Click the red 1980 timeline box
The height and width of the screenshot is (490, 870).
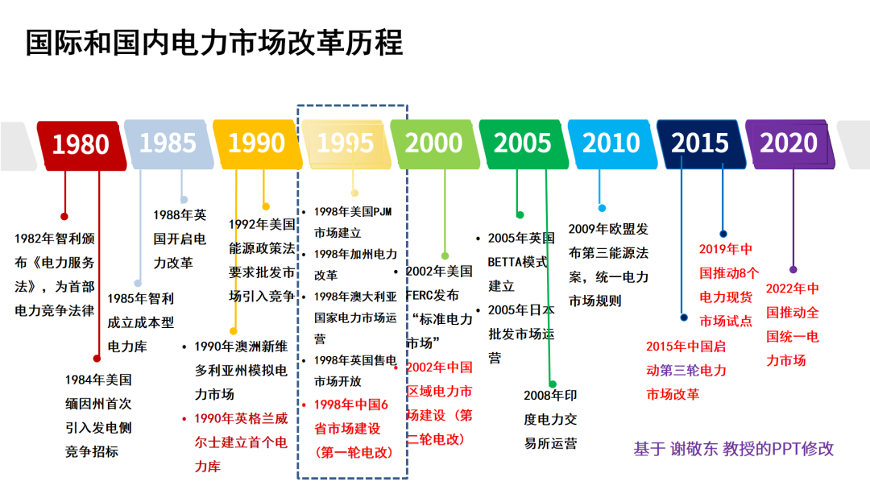pos(81,143)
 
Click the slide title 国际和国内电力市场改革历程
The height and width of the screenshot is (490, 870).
pos(213,43)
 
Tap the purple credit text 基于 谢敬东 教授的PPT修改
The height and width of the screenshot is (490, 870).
pos(734,449)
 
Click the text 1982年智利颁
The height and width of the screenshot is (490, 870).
pos(54,239)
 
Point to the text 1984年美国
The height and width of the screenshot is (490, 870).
pos(98,380)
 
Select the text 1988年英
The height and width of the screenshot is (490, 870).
pos(180,215)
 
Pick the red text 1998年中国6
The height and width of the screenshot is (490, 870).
pos(351,405)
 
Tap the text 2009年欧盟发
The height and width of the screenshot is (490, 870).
pos(608,230)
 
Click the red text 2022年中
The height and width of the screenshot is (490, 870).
pos(792,289)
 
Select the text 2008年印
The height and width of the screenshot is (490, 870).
pos(551,396)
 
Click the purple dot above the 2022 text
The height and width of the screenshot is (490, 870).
pos(793,269)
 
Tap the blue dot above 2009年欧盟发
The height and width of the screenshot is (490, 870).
pos(602,208)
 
